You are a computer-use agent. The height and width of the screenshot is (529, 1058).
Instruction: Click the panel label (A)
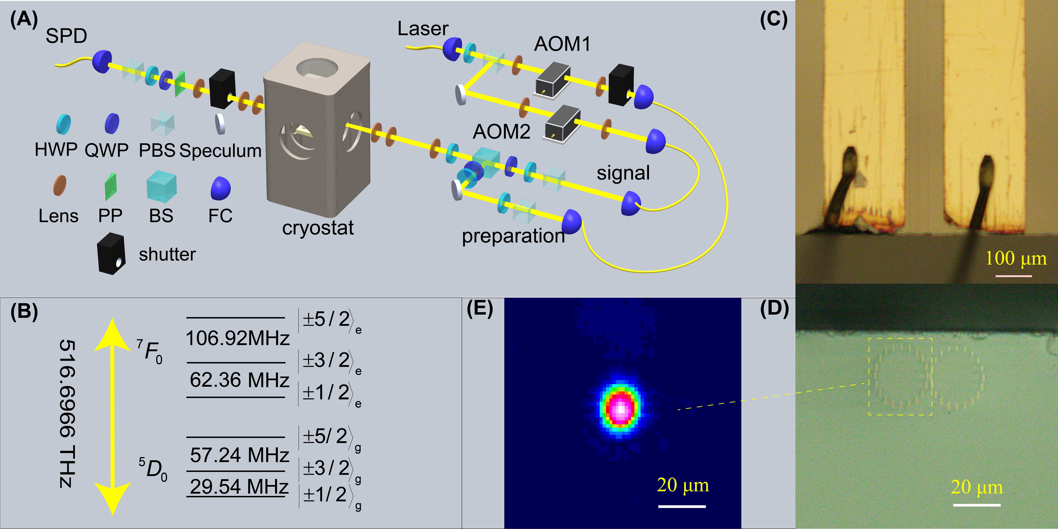click(24, 19)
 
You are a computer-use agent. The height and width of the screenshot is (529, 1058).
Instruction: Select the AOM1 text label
click(562, 44)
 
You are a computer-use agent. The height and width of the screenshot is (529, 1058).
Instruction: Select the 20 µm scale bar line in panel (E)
click(682, 506)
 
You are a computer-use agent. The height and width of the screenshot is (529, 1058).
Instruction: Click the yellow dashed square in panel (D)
click(900, 376)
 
